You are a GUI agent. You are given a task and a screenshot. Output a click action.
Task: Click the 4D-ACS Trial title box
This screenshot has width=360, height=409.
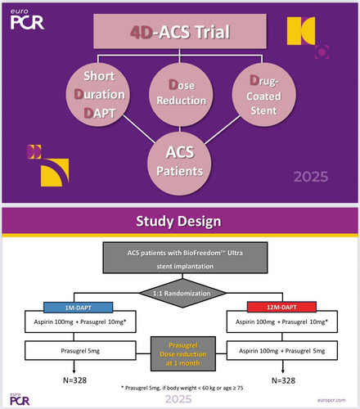[180, 31]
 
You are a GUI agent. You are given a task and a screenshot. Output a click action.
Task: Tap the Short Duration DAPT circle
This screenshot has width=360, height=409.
[98, 95]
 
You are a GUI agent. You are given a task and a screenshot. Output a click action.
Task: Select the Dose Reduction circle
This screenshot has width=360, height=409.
[181, 95]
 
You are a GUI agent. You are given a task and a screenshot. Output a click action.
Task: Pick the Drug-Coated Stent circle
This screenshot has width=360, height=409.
[263, 95]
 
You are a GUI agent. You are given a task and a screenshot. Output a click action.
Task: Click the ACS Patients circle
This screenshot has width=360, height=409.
[179, 163]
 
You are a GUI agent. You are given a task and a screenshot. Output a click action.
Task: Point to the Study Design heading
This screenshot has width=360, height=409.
[178, 221]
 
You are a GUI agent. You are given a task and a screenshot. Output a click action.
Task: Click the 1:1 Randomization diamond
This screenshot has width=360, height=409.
[182, 294]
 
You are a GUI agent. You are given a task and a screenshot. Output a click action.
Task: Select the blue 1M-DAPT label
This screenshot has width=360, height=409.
[78, 308]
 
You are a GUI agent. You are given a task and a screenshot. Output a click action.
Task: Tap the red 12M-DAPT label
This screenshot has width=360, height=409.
[281, 308]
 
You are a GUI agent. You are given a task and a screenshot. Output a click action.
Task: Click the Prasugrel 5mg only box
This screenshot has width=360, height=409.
[80, 350]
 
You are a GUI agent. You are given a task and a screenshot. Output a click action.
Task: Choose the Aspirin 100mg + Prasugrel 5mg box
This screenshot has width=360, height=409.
[282, 350]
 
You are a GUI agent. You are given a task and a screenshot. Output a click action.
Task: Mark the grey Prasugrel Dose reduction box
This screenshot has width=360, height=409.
[183, 353]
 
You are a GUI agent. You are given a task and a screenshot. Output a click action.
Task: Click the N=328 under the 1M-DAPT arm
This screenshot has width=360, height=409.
[74, 380]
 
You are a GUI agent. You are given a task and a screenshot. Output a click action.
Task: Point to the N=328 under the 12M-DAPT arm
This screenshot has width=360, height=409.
[283, 380]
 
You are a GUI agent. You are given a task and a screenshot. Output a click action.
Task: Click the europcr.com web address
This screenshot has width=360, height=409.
[331, 400]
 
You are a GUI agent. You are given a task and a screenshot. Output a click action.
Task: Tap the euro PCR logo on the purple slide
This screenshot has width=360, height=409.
[27, 20]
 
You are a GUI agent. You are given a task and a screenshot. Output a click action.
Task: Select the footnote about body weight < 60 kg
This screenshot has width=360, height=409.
[182, 388]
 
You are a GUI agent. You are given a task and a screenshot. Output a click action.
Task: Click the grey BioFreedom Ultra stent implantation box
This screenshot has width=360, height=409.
[185, 258]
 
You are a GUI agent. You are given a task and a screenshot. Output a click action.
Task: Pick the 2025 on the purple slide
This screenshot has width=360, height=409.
[311, 177]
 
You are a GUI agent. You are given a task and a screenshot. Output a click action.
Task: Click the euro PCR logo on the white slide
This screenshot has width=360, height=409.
[20, 399]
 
